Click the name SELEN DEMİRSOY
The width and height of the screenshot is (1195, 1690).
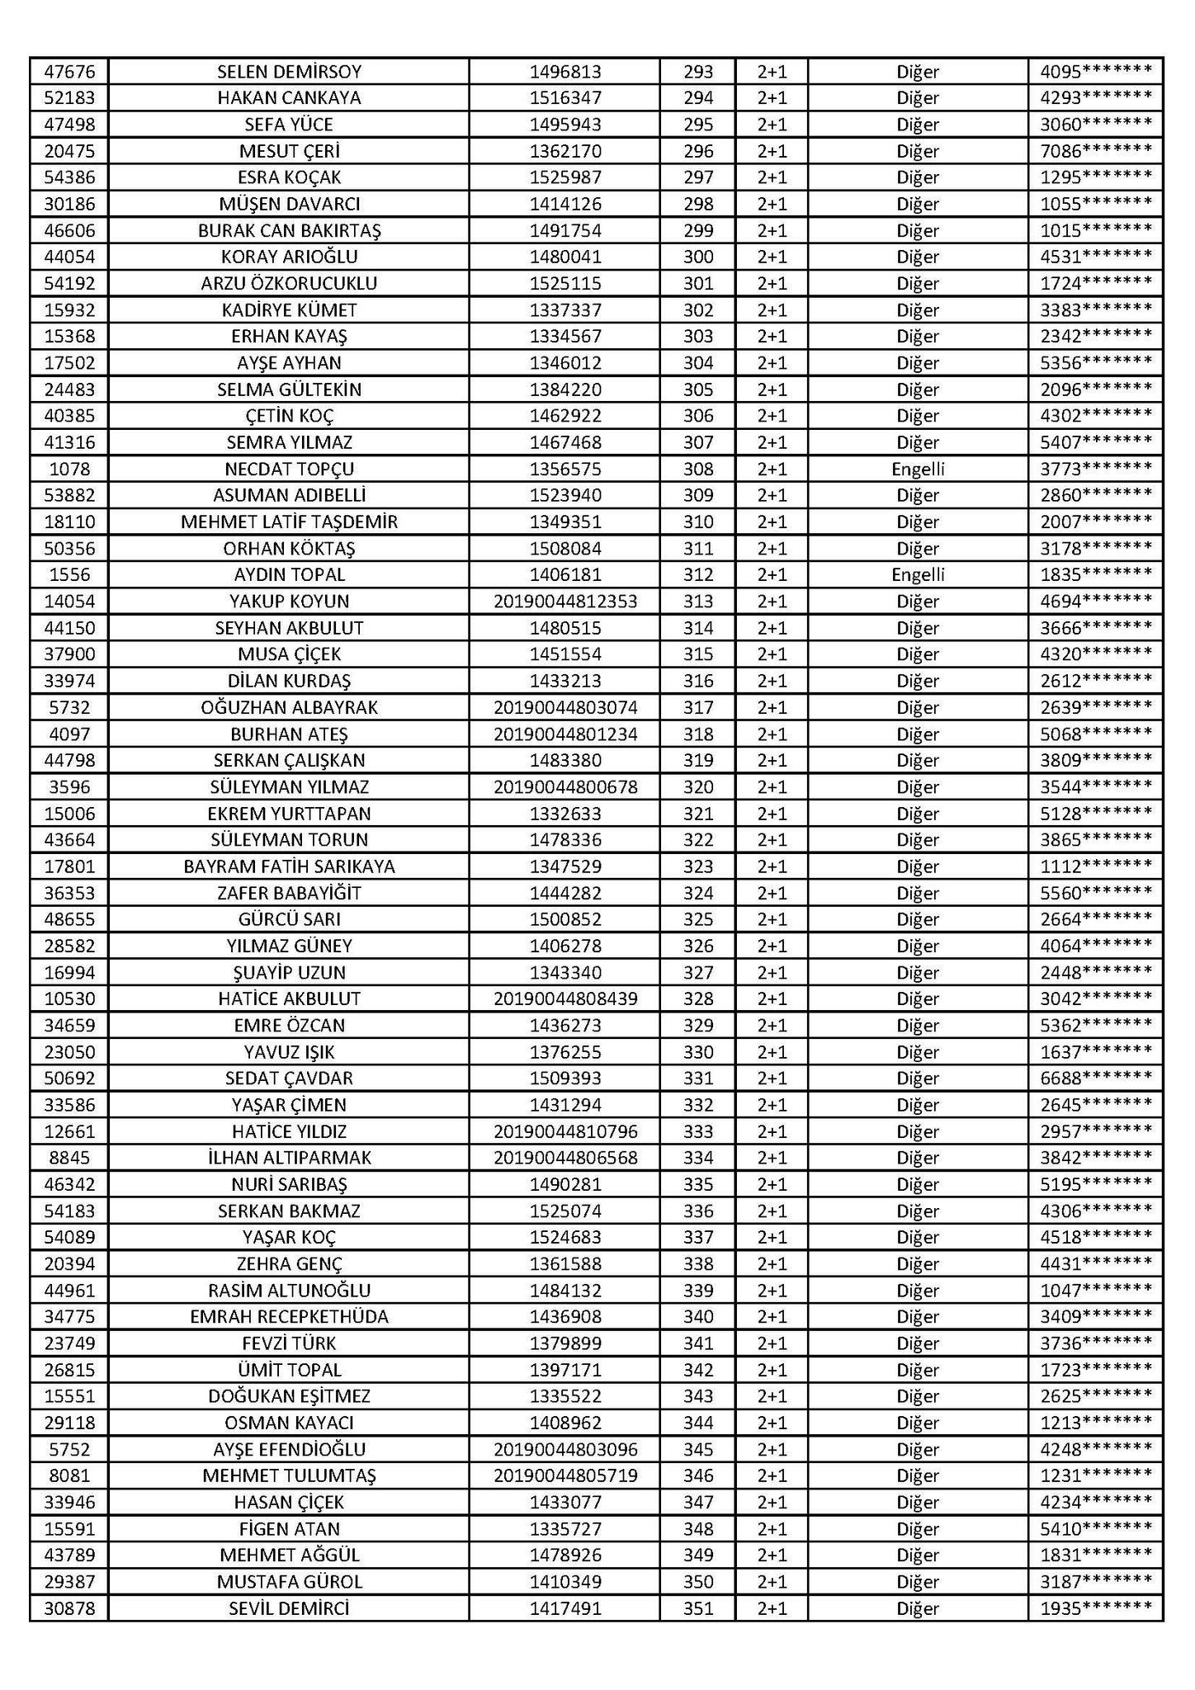coord(289,72)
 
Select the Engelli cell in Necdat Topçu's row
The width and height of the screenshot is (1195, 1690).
coord(918,470)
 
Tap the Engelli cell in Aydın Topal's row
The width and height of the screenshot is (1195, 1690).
coord(918,575)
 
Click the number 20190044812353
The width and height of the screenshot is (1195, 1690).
coord(565,602)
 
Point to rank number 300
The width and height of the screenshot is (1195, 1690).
coord(698,257)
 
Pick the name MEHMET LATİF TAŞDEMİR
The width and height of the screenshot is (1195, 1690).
coord(289,522)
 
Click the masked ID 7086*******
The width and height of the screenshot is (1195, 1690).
coord(1095,151)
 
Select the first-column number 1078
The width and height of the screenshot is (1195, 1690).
coord(69,470)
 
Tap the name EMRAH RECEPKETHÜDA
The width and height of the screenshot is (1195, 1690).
coord(289,1317)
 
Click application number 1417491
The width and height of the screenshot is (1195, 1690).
coord(565,1608)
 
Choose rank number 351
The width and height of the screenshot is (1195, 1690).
coord(698,1608)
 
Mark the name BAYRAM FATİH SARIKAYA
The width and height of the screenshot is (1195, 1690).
coord(289,866)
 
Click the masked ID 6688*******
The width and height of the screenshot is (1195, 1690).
coord(1095,1079)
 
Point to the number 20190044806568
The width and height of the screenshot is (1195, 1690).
coord(565,1158)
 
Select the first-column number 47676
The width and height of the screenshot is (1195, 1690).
coord(69,72)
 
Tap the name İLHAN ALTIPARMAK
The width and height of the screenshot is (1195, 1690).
coord(289,1158)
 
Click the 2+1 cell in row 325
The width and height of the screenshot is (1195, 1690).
coord(772,919)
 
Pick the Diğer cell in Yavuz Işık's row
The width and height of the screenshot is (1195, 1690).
coord(918,1052)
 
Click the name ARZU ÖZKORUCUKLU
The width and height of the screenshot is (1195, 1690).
coord(289,284)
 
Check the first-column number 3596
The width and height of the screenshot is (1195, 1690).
coord(69,787)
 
